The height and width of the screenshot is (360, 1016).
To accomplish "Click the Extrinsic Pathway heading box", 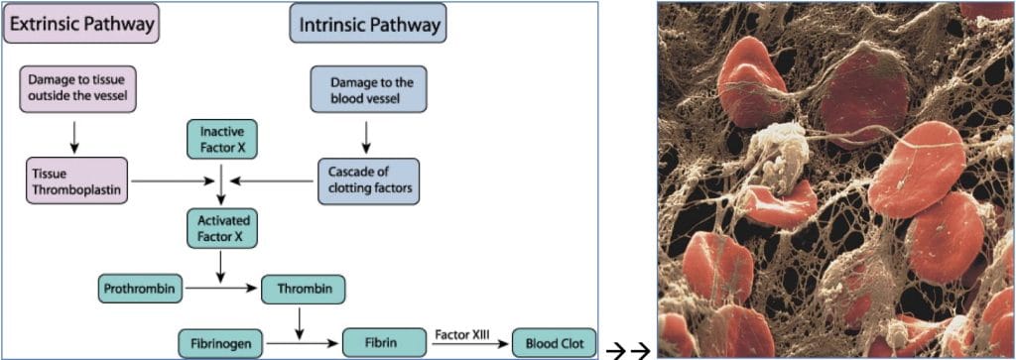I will click(x=82, y=23).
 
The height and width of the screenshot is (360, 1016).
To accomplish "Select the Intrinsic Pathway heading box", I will click(x=367, y=23).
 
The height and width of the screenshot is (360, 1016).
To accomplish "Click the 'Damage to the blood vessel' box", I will click(x=368, y=88).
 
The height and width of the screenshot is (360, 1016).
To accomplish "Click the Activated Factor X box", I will click(x=222, y=227).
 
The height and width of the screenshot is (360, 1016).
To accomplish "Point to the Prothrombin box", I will click(x=141, y=290).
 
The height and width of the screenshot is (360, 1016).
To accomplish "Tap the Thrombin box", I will click(x=304, y=290).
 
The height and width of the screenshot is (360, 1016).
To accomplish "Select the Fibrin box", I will click(x=383, y=343).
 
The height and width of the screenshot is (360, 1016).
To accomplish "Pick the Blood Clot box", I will click(x=554, y=343).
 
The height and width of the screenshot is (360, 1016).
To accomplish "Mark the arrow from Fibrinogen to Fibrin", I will click(x=304, y=344).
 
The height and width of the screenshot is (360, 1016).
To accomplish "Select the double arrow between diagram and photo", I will click(x=627, y=348).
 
